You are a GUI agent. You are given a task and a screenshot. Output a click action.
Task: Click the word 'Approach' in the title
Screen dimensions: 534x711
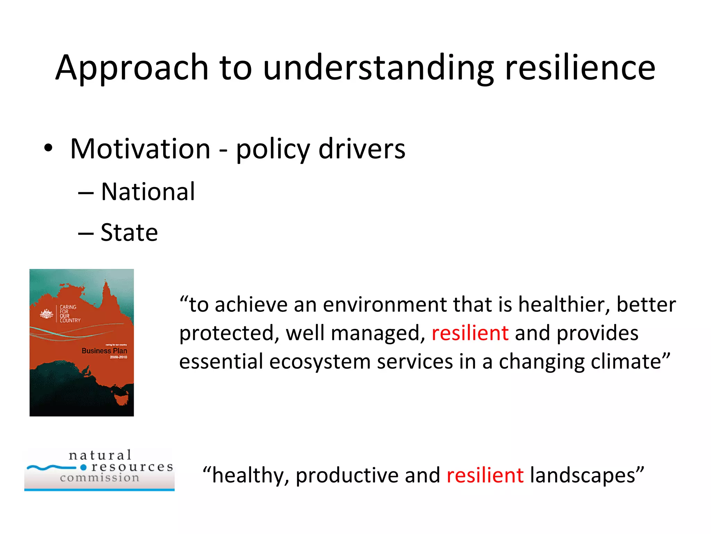point(132,68)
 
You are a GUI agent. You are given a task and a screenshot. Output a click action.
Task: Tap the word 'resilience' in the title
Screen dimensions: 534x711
point(580,68)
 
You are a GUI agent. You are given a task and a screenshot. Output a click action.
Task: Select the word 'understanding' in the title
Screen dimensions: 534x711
point(378,68)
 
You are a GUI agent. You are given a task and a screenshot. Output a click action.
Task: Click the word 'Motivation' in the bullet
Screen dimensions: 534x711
point(140,149)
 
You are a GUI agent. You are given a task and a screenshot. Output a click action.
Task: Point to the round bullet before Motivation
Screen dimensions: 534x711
point(48,148)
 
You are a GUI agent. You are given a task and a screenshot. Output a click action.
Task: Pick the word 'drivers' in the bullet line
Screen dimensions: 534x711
point(361,149)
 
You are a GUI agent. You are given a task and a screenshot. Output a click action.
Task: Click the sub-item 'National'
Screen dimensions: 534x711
point(148,192)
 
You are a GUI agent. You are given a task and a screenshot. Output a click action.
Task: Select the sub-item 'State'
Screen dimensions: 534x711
point(129,232)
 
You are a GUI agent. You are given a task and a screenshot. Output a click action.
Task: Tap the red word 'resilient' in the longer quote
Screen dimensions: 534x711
point(470,333)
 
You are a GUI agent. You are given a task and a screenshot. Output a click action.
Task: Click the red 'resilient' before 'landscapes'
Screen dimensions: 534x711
point(485,475)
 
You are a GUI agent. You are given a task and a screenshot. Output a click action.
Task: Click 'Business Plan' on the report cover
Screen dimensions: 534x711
point(104,351)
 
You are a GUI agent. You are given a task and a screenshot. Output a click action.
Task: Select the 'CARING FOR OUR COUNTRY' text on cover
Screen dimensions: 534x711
point(69,314)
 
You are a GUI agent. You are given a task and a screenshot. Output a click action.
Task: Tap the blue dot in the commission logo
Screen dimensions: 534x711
point(83,467)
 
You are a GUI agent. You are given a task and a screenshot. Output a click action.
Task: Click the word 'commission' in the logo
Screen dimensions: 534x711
point(100,478)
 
